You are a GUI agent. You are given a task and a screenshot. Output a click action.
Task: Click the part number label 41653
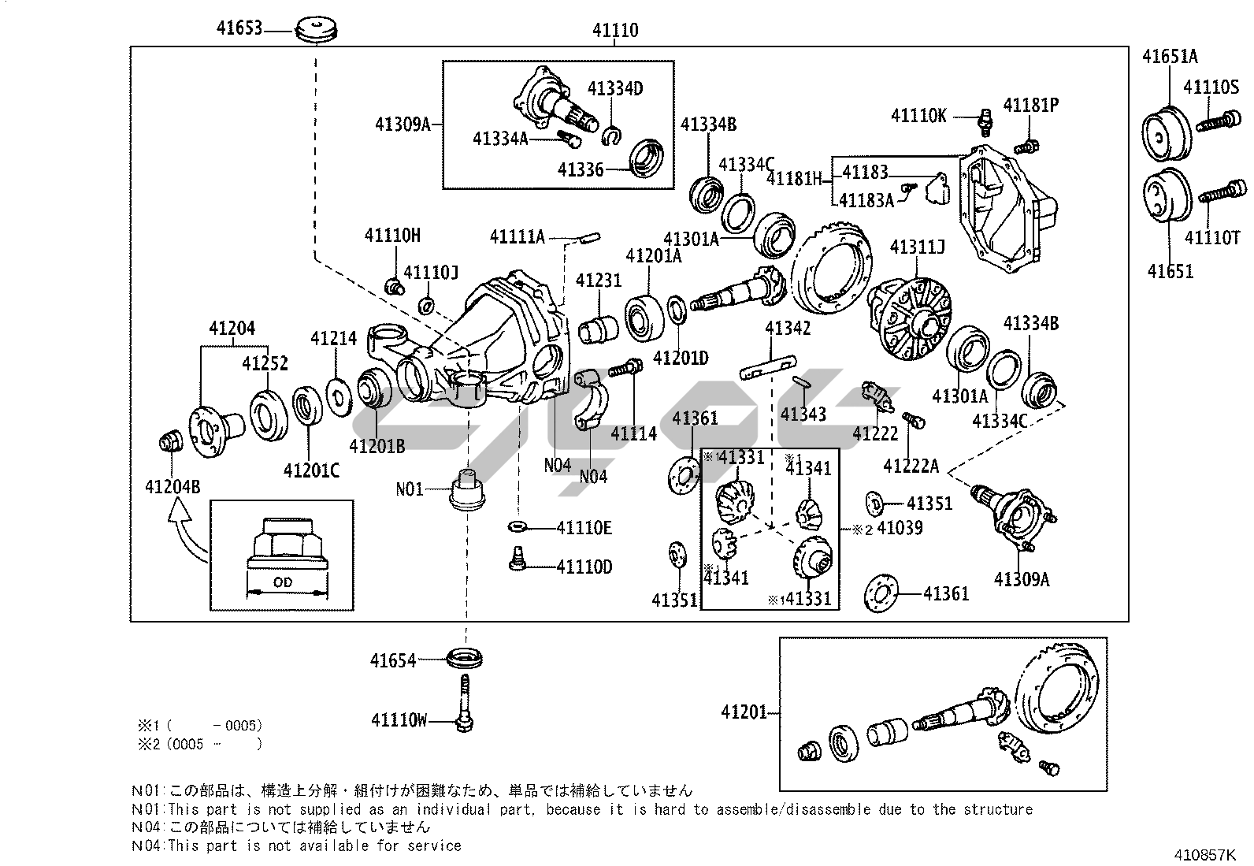pyautogui.click(x=239, y=30)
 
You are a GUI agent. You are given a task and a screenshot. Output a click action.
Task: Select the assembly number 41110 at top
pyautogui.click(x=615, y=31)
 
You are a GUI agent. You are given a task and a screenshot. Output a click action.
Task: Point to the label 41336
pyautogui.click(x=581, y=169)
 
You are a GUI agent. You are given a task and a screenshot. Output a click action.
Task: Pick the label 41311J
pyautogui.click(x=917, y=247)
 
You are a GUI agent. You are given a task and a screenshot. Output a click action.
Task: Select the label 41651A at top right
pyautogui.click(x=1170, y=56)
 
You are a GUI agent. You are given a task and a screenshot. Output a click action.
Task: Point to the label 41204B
pyautogui.click(x=173, y=487)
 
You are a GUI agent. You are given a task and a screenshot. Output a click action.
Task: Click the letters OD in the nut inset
pyautogui.click(x=282, y=582)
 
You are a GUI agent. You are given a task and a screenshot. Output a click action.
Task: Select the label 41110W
pyautogui.click(x=399, y=719)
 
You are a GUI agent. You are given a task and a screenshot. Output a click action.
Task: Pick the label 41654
pyautogui.click(x=393, y=660)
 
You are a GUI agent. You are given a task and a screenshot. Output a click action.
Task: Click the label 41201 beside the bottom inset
pyautogui.click(x=744, y=712)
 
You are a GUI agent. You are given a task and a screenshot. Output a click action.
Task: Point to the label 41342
pyautogui.click(x=788, y=329)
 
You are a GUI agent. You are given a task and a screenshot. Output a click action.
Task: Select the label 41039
pyautogui.click(x=899, y=528)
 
